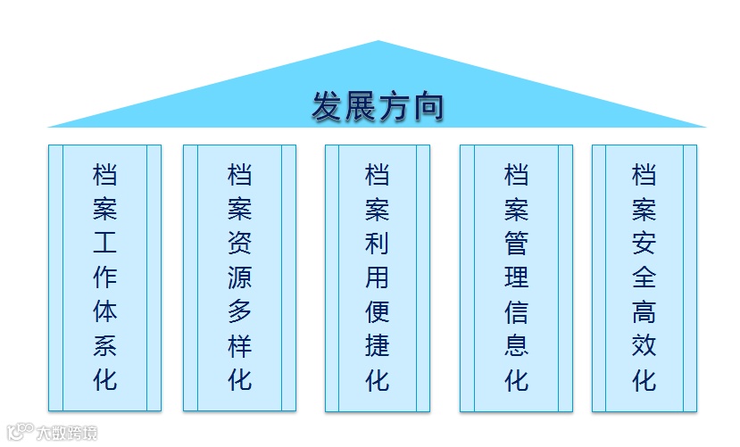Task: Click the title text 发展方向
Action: [x=378, y=106]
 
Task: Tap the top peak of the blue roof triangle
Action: [x=378, y=43]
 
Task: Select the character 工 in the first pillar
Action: [x=104, y=243]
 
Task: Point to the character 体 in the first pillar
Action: [x=104, y=311]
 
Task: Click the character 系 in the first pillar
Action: [x=104, y=346]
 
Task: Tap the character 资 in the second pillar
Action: [x=240, y=243]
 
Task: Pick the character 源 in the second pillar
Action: [x=240, y=277]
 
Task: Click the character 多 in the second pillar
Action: [x=240, y=311]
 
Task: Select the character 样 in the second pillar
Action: [x=240, y=346]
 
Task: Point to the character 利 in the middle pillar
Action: [x=378, y=243]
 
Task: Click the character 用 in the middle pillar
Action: [x=378, y=277]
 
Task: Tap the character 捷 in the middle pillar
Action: [x=378, y=346]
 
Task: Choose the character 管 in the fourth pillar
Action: [x=516, y=243]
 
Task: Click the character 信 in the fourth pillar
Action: [x=516, y=311]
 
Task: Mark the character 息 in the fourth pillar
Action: [x=516, y=346]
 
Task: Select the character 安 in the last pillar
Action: [x=644, y=243]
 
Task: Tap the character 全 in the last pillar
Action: [x=644, y=277]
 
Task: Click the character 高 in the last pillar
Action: [x=644, y=311]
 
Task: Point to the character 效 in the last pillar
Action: [x=644, y=346]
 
